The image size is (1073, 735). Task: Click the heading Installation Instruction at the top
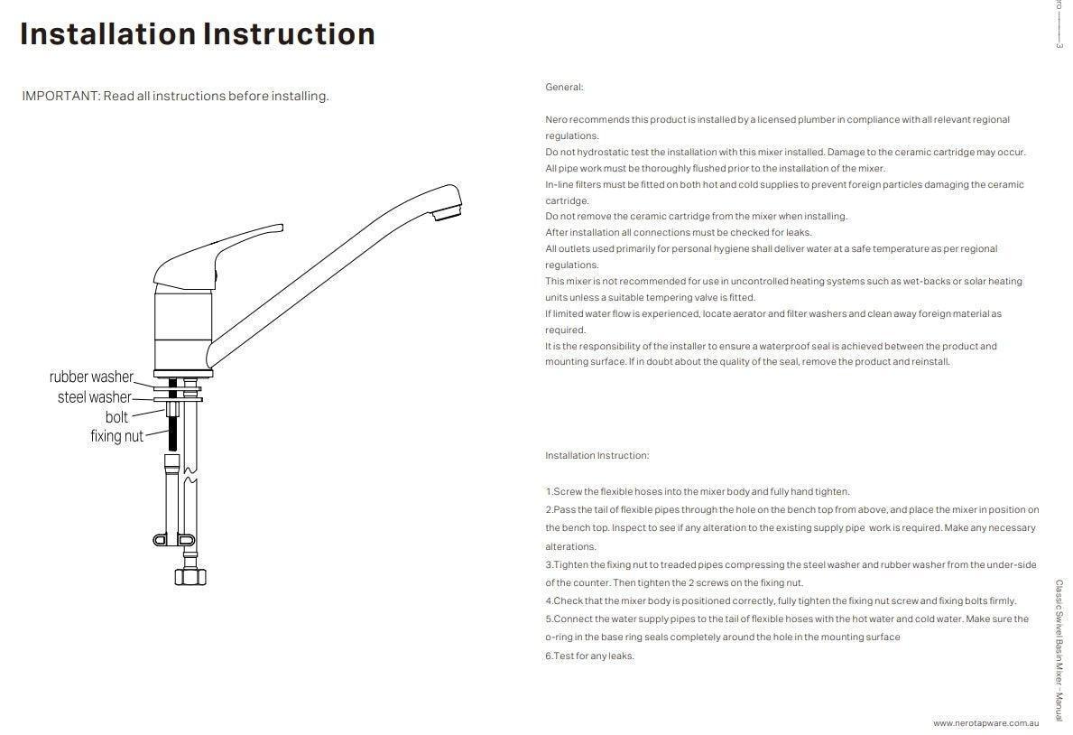point(198,34)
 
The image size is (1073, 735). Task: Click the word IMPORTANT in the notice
point(60,96)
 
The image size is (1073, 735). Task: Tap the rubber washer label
point(91,377)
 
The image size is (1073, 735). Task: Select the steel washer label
point(94,397)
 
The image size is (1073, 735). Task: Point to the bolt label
point(116,417)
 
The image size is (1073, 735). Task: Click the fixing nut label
point(116,436)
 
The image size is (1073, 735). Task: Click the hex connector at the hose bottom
point(191,575)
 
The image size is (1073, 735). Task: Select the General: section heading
point(564,88)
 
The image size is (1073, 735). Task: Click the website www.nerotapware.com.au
point(986,723)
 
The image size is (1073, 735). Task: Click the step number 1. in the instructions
point(549,492)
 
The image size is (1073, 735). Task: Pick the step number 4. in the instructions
point(549,601)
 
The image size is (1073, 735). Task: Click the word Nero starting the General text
point(556,120)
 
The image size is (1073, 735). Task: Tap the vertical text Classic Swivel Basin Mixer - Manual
point(1059,650)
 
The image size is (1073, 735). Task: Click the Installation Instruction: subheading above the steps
point(597,456)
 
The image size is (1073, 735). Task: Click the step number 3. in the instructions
point(549,565)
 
